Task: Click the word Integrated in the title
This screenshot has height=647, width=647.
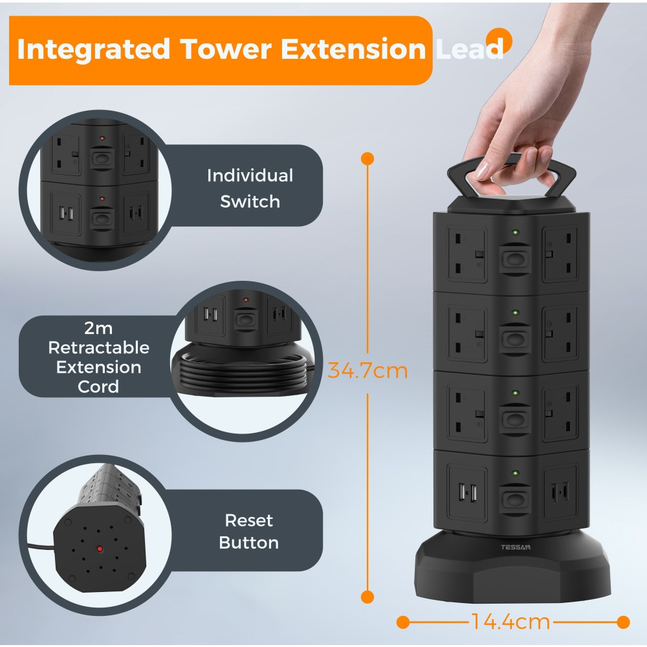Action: pyautogui.click(x=94, y=50)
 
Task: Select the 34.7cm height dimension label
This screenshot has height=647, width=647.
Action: pyautogui.click(x=367, y=371)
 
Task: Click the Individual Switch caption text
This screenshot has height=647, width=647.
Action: pyautogui.click(x=250, y=188)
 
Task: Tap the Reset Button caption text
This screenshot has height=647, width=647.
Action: pyautogui.click(x=249, y=531)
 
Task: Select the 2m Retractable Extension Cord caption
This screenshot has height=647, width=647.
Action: pyautogui.click(x=98, y=358)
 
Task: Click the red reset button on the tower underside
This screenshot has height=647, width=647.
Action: pyautogui.click(x=100, y=550)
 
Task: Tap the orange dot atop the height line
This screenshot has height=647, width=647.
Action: pyautogui.click(x=367, y=158)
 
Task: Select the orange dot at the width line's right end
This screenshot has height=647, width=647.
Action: pyautogui.click(x=623, y=622)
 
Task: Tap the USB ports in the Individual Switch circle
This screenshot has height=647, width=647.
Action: pyautogui.click(x=64, y=213)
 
